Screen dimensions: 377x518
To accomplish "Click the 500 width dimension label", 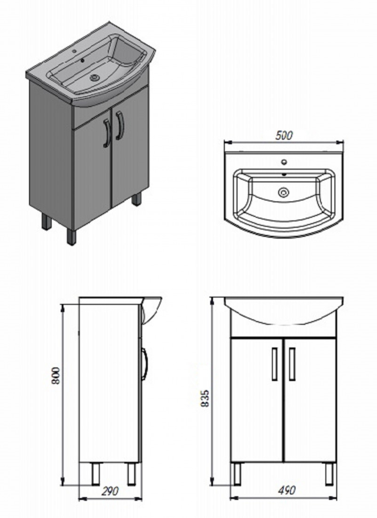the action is point(284,135).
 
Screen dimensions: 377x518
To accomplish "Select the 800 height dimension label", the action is point(56,375).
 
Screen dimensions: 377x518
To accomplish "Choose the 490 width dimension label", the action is point(286,490).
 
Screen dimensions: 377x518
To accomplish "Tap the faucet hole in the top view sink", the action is point(283,162).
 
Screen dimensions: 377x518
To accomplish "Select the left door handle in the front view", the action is point(275,364).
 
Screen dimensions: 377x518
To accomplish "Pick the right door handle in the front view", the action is point(292,364).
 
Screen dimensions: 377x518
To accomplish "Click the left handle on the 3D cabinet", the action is point(106,133).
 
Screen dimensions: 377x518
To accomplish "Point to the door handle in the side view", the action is point(144,364).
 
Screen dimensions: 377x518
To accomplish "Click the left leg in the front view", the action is point(237,473).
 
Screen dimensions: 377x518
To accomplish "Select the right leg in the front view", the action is point(329,473).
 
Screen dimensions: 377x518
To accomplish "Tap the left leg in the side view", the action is point(96,473).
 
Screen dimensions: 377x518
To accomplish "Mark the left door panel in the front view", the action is point(257,400).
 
